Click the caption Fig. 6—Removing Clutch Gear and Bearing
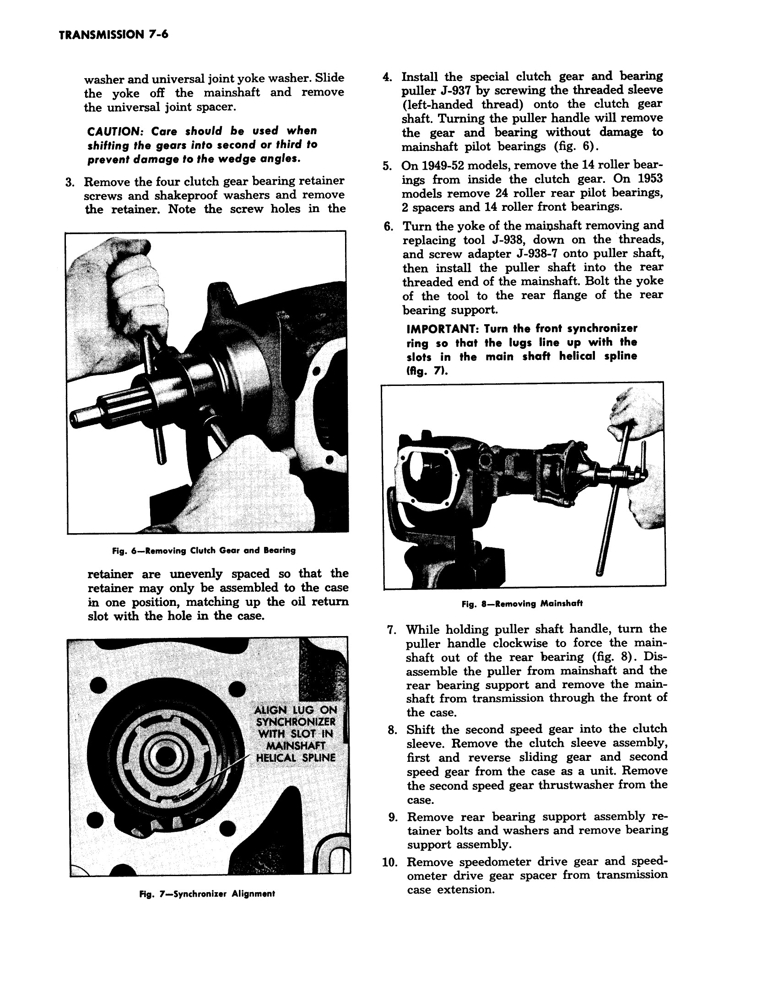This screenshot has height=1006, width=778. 203,551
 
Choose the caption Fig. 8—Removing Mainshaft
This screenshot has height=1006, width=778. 522,604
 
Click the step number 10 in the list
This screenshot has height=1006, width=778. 389,862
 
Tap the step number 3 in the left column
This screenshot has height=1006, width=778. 70,182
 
